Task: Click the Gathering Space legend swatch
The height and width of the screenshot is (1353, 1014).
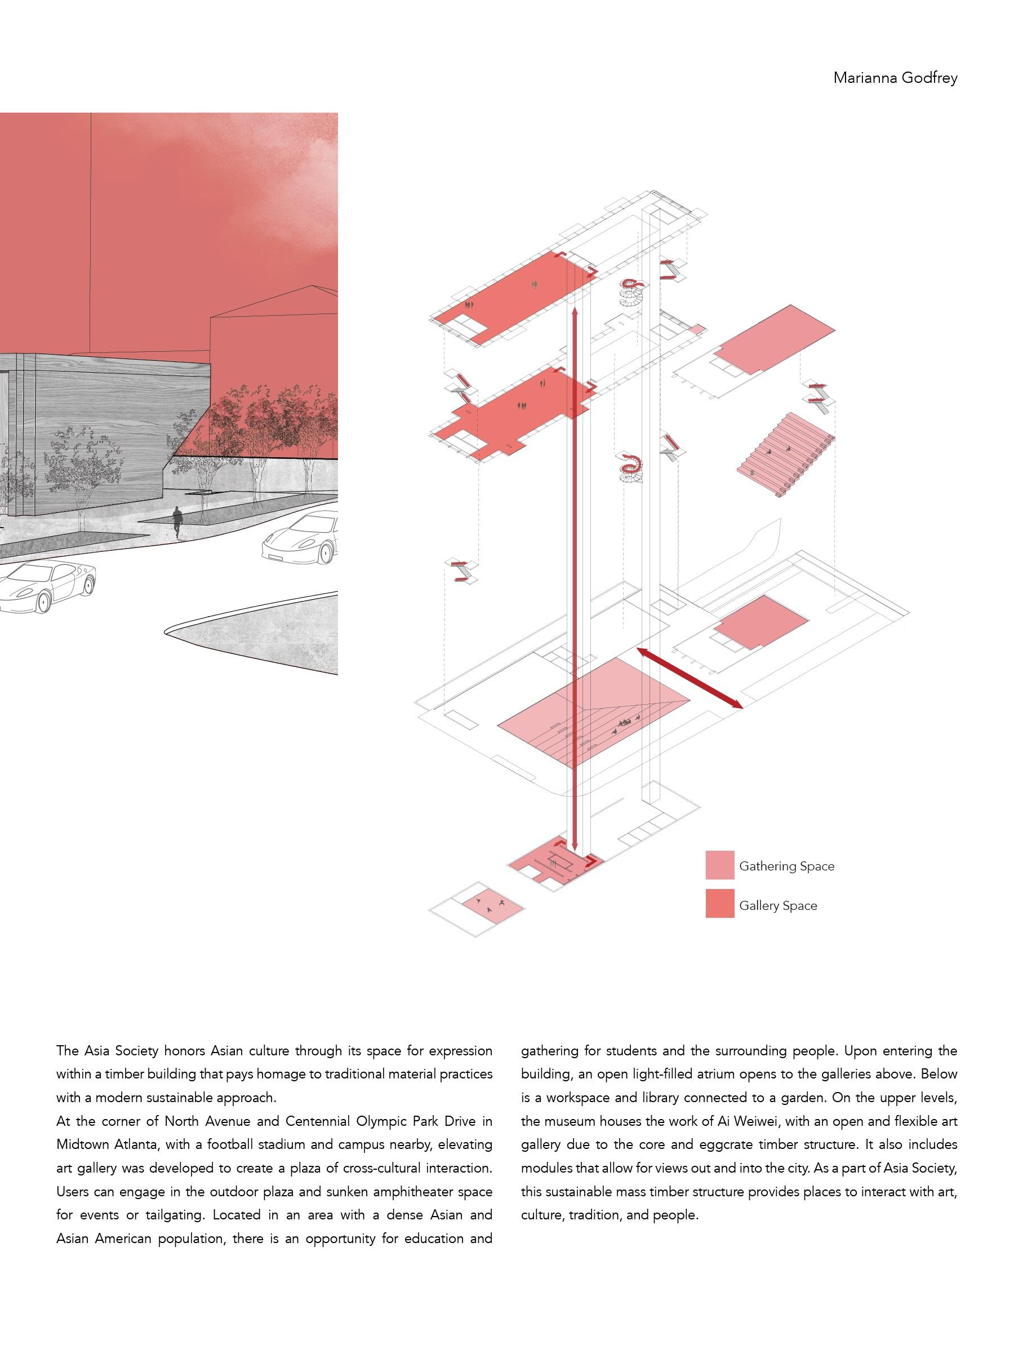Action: pyautogui.click(x=719, y=865)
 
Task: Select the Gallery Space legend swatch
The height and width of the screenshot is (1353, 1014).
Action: pyautogui.click(x=719, y=904)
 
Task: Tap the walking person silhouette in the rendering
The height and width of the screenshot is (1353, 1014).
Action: pyautogui.click(x=177, y=521)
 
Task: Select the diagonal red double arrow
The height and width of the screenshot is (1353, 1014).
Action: pyautogui.click(x=690, y=678)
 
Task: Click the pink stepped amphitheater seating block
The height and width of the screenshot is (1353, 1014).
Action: pyautogui.click(x=786, y=453)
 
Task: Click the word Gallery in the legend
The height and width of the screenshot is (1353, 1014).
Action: pyautogui.click(x=757, y=906)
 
